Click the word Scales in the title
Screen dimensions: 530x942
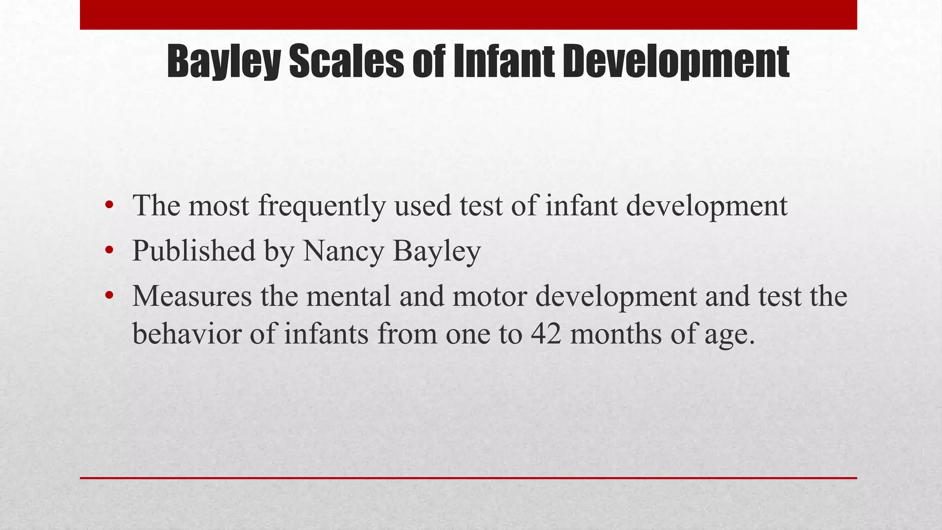pyautogui.click(x=346, y=62)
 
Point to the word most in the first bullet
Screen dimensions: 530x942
pyautogui.click(x=218, y=206)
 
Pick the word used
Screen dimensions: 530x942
pyautogui.click(x=423, y=206)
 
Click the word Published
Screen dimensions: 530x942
pyautogui.click(x=194, y=251)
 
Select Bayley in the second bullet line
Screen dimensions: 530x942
pyautogui.click(x=437, y=251)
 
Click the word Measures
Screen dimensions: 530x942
pyautogui.click(x=192, y=296)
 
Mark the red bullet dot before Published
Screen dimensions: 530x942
pyautogui.click(x=109, y=251)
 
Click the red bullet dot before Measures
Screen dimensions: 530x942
pyautogui.click(x=109, y=295)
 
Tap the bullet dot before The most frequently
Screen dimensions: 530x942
pyautogui.click(x=109, y=205)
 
